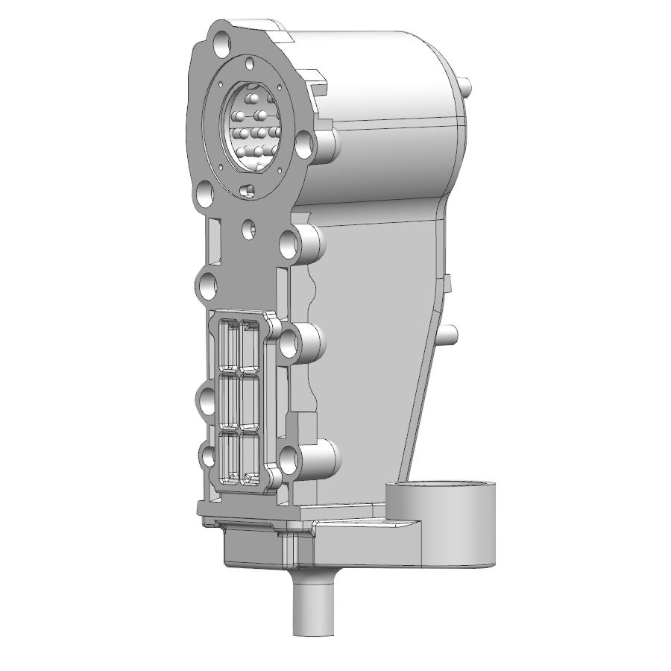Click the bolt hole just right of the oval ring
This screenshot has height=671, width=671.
(x=304, y=145)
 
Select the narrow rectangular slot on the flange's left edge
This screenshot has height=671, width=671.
(x=214, y=242)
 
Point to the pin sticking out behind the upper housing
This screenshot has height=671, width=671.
(x=467, y=88)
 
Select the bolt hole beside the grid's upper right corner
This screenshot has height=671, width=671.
(x=290, y=342)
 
